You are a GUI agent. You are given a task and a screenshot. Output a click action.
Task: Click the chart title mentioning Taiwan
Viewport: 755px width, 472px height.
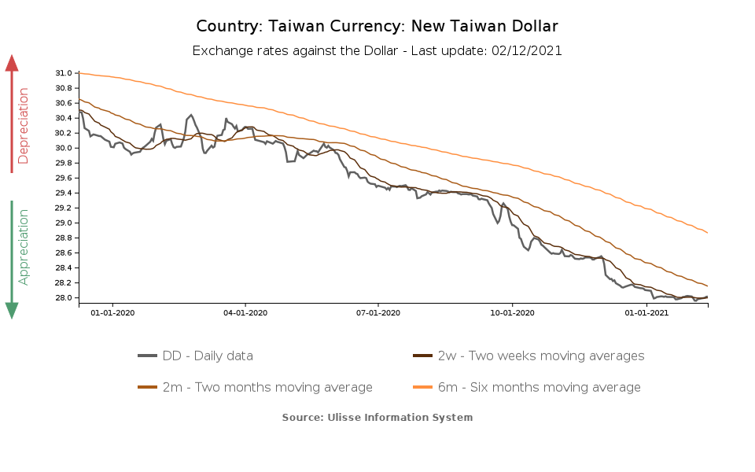point(377,27)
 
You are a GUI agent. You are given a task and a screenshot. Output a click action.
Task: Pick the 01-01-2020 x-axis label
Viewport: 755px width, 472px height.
point(112,312)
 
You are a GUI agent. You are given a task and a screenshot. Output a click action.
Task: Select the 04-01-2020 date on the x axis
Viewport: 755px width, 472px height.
point(245,312)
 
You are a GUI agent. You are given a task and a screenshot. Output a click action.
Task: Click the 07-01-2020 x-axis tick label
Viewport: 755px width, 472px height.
point(378,312)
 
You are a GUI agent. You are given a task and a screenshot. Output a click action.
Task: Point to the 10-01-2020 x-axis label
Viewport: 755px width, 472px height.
point(512,312)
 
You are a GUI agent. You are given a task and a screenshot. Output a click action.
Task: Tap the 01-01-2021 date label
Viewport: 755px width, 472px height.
point(646,312)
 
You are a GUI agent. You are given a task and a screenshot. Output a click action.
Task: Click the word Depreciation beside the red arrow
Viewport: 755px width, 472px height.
point(24,125)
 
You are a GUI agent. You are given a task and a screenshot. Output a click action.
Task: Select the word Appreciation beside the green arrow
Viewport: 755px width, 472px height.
point(24,246)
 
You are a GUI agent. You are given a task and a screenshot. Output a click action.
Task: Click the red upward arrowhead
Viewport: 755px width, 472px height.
point(12,63)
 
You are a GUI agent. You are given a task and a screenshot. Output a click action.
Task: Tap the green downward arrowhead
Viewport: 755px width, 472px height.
point(12,310)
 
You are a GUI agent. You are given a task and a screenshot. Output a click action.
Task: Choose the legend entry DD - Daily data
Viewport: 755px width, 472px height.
point(208,356)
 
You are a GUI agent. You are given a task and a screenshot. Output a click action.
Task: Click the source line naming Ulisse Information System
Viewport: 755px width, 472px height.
point(377,417)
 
